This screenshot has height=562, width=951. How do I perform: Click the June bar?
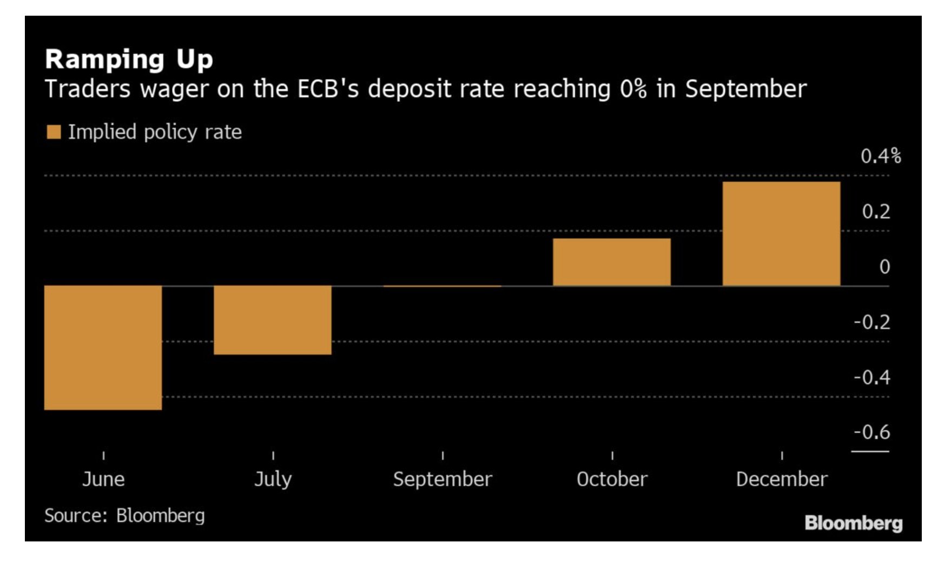tap(103, 348)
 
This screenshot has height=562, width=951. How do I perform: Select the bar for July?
tap(273, 320)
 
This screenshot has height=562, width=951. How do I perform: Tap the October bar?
tap(611, 262)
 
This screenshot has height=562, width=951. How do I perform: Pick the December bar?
tap(781, 233)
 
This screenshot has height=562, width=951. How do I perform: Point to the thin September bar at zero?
tap(443, 286)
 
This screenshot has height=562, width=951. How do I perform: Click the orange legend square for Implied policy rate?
tap(54, 132)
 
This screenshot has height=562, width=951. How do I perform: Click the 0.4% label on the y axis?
tap(880, 156)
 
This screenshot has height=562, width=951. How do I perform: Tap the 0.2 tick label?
tap(876, 212)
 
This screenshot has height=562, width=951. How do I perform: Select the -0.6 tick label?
tap(871, 432)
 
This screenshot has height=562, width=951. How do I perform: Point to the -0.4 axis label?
tap(871, 377)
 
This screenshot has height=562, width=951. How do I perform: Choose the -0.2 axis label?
tap(871, 322)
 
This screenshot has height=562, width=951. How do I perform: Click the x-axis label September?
tap(443, 479)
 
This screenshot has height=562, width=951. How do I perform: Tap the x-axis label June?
tap(103, 479)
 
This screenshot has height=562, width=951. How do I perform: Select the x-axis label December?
tap(781, 479)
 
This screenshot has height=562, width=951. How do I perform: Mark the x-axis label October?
tap(612, 479)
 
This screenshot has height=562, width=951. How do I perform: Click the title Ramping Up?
tap(129, 59)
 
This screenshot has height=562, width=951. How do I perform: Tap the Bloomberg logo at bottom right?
tap(853, 523)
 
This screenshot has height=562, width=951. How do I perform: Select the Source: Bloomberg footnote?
tap(124, 515)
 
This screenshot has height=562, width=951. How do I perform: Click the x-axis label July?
tap(273, 479)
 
